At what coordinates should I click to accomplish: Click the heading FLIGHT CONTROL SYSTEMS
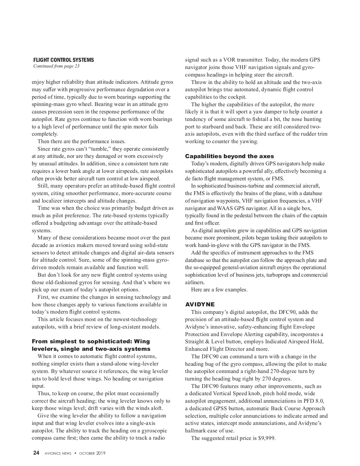(64, 60)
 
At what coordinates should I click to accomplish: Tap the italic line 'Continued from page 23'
(56, 66)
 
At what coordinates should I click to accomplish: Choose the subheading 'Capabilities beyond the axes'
(229, 156)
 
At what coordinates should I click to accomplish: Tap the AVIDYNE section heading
(200, 305)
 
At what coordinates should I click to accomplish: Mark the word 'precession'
(52, 112)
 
